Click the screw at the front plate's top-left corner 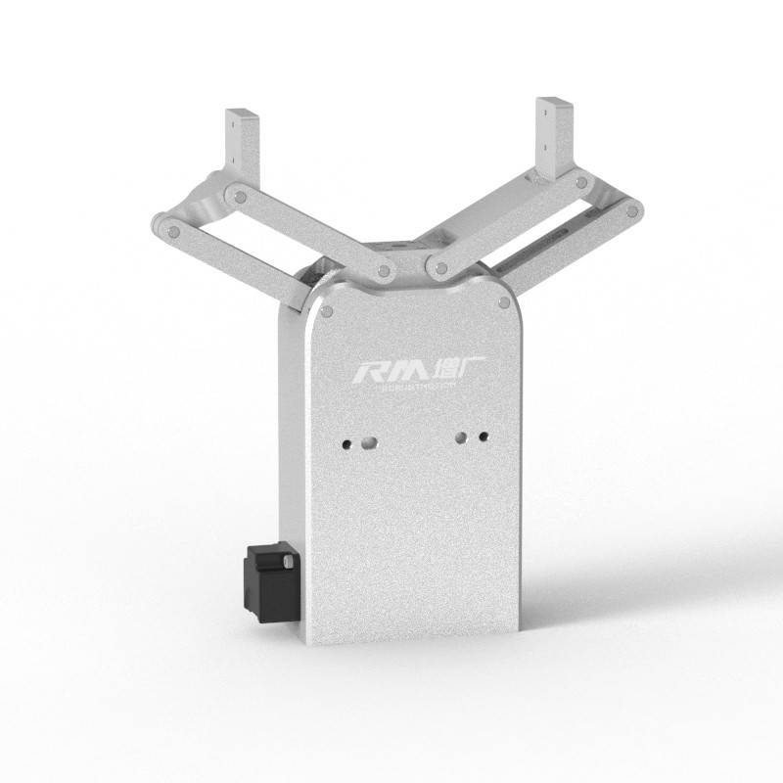(x=326, y=312)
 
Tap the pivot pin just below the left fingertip (x=235, y=196)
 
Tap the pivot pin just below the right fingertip (x=582, y=183)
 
